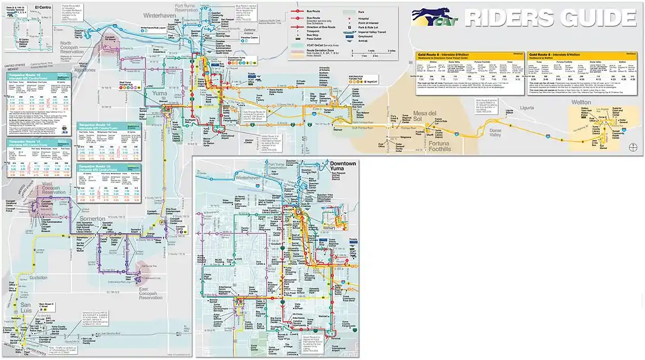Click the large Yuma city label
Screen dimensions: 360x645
tap(157, 93)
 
